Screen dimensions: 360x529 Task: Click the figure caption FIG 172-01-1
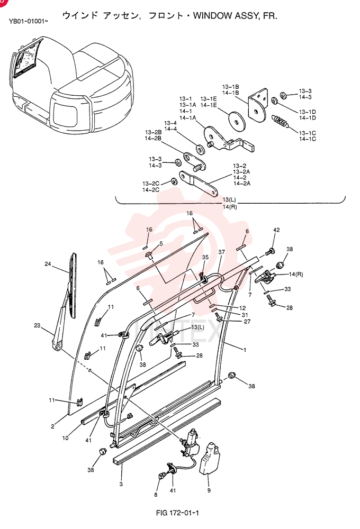coord(177,513)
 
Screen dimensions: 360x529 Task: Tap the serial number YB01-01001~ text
coord(29,22)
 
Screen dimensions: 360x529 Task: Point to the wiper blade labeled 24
coord(73,285)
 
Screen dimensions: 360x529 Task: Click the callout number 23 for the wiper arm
coord(37,325)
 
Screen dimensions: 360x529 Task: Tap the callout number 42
coord(276,230)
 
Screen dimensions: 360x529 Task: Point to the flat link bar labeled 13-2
coord(198,184)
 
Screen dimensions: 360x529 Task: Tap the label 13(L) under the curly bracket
coord(229,200)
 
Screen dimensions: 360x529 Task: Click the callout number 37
coord(221,252)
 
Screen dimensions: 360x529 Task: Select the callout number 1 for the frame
coord(245,350)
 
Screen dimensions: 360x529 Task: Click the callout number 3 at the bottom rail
coord(121,484)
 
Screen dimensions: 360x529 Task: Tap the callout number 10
coord(65,438)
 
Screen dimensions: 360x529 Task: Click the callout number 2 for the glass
coord(53,426)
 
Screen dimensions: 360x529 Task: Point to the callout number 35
coord(205,257)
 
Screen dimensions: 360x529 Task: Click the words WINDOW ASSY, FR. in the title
coord(235,15)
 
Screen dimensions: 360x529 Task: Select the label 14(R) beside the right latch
coord(296,274)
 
